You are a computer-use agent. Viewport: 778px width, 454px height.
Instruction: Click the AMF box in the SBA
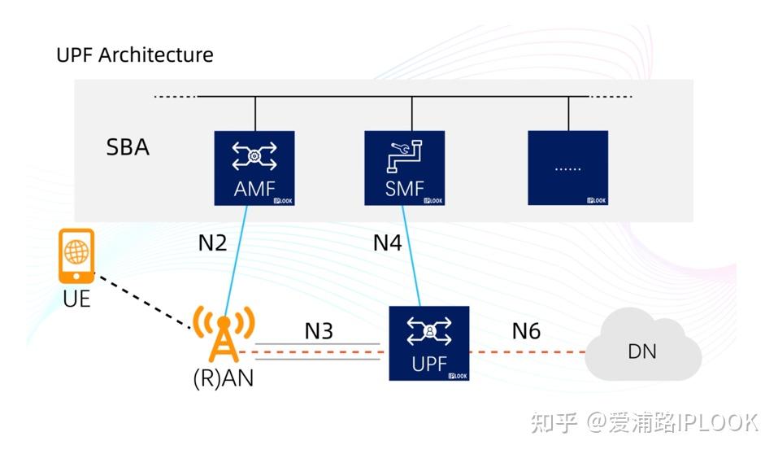[254, 168]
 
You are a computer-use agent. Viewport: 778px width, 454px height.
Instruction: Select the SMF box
[404, 168]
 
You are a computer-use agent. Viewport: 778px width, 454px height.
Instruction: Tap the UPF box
[428, 343]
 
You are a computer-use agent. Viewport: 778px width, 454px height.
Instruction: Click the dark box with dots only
[567, 168]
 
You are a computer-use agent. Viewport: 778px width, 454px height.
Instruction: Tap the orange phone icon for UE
[76, 255]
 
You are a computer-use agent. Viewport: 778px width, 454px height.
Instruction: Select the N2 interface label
[212, 242]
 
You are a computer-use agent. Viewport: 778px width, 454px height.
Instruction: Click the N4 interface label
[388, 242]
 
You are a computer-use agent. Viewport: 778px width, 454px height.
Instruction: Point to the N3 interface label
[319, 330]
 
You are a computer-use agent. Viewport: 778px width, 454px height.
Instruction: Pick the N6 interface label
[526, 330]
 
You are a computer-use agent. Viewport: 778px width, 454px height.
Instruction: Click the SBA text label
[128, 149]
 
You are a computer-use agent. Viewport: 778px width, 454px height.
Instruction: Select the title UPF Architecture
[135, 55]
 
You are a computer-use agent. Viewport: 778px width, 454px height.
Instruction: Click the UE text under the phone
[76, 299]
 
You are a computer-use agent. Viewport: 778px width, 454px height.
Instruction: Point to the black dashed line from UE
[142, 300]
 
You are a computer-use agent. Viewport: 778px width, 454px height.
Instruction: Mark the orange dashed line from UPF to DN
[528, 352]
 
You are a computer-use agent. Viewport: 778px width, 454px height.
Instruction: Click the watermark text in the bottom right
[643, 422]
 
